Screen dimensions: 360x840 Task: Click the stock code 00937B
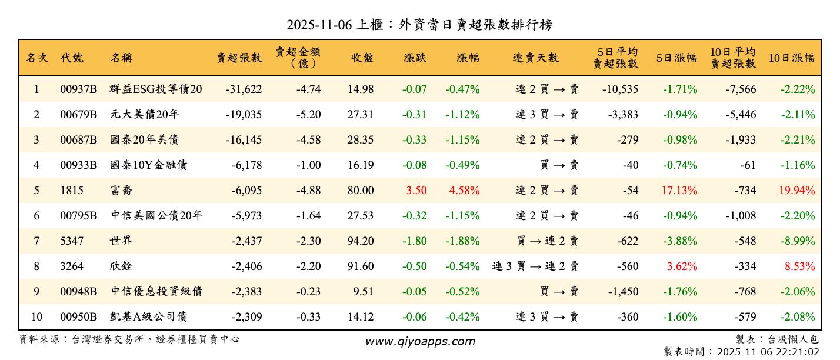click(x=78, y=89)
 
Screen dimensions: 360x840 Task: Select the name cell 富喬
click(x=121, y=191)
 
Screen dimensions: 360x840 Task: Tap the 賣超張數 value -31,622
click(x=243, y=89)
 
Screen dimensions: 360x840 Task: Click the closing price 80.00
click(x=360, y=191)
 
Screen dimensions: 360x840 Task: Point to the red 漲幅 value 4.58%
click(x=464, y=191)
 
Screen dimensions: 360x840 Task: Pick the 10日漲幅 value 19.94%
click(x=797, y=191)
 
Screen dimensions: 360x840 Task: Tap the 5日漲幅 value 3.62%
click(x=682, y=266)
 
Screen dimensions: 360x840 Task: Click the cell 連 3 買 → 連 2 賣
click(x=535, y=266)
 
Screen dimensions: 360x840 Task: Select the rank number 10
click(x=36, y=317)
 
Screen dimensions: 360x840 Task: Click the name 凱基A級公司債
click(x=148, y=317)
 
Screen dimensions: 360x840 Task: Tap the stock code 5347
click(x=72, y=241)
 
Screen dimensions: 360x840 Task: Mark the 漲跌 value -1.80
click(x=415, y=241)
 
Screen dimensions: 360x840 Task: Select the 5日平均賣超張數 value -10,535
click(x=620, y=89)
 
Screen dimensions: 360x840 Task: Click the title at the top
click(x=419, y=25)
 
